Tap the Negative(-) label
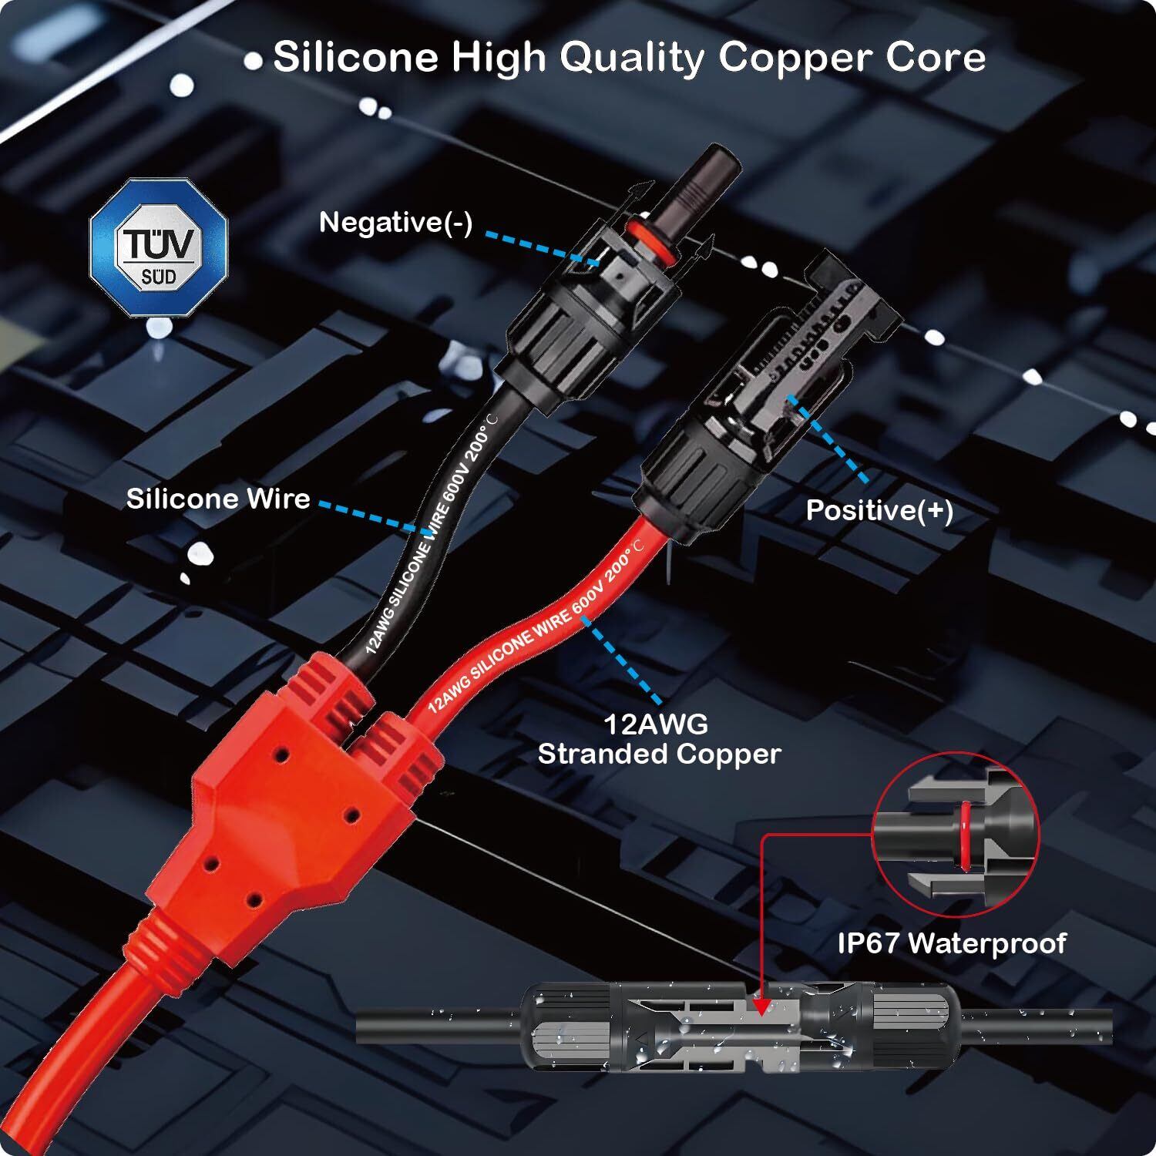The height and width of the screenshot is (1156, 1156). [395, 223]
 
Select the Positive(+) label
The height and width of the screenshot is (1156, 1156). [879, 510]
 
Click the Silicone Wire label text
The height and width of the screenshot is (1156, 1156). [218, 499]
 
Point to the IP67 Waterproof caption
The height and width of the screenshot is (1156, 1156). [952, 943]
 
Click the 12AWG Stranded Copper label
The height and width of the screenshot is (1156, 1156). [659, 739]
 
